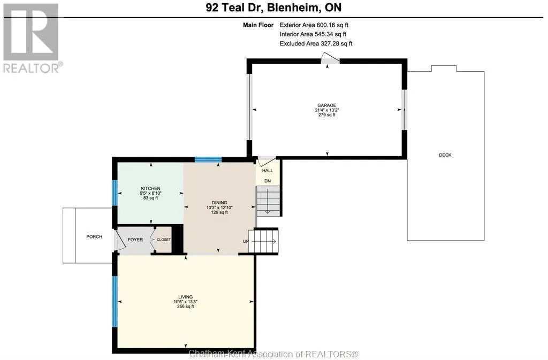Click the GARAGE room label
(327, 105)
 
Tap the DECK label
(445, 155)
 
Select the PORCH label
(94, 237)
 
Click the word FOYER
(135, 240)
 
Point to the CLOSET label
(164, 240)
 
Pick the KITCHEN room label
(150, 188)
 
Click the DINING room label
(219, 203)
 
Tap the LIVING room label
(186, 297)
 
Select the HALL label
(268, 171)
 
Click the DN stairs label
(268, 181)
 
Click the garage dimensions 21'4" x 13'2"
(327, 110)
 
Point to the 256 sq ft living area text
(186, 307)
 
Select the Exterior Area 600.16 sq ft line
(314, 25)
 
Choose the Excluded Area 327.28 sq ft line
(316, 44)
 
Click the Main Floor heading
(258, 25)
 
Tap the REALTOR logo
(32, 38)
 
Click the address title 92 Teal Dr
(234, 7)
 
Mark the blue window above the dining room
(208, 160)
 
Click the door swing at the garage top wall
(330, 58)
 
